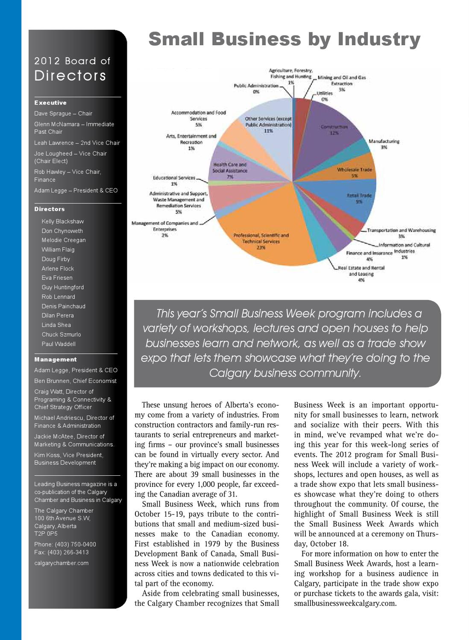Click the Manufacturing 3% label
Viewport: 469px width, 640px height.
(384, 144)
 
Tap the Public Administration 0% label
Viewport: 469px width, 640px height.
(256, 88)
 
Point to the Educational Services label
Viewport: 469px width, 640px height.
(174, 180)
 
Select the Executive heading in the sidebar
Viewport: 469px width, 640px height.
(50, 103)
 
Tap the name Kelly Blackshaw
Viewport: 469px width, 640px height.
(63, 221)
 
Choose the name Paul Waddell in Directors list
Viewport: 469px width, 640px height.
(59, 344)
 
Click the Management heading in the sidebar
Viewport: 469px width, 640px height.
(56, 360)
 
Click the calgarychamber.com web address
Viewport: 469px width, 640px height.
(62, 563)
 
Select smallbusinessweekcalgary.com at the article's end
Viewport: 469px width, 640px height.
(345, 603)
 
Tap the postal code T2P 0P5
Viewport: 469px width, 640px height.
(46, 534)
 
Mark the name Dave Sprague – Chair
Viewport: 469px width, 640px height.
(63, 113)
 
